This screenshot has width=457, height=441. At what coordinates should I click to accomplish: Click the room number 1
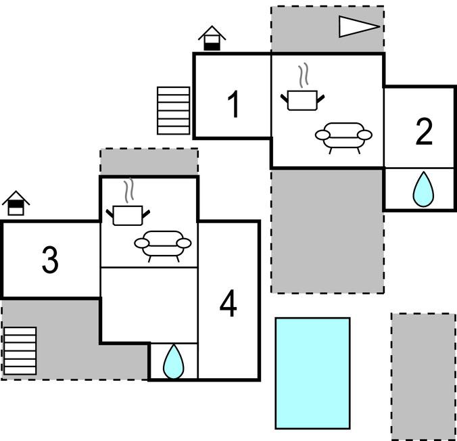click(x=233, y=106)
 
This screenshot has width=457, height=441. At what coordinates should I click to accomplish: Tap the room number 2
click(x=424, y=132)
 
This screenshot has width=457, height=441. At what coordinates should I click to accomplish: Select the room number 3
click(x=49, y=260)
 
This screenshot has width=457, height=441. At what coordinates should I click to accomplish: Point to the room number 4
click(x=228, y=306)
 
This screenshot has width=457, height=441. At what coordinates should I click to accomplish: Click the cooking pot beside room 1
click(x=302, y=99)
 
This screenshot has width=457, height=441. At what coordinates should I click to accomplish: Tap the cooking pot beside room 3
click(x=127, y=214)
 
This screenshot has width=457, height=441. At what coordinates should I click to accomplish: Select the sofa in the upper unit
click(x=344, y=135)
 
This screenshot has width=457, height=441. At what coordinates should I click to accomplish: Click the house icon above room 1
click(x=212, y=39)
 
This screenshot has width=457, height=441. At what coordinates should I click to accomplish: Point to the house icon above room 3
click(x=16, y=203)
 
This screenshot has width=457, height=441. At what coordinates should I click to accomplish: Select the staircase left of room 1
click(x=173, y=110)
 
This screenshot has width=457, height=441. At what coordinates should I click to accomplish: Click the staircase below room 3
click(x=20, y=350)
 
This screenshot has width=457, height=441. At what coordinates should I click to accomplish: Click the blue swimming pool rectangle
click(x=312, y=373)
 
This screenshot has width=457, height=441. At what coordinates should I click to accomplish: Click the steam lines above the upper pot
click(x=306, y=74)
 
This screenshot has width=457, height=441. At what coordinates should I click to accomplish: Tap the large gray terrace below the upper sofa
click(x=327, y=230)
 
